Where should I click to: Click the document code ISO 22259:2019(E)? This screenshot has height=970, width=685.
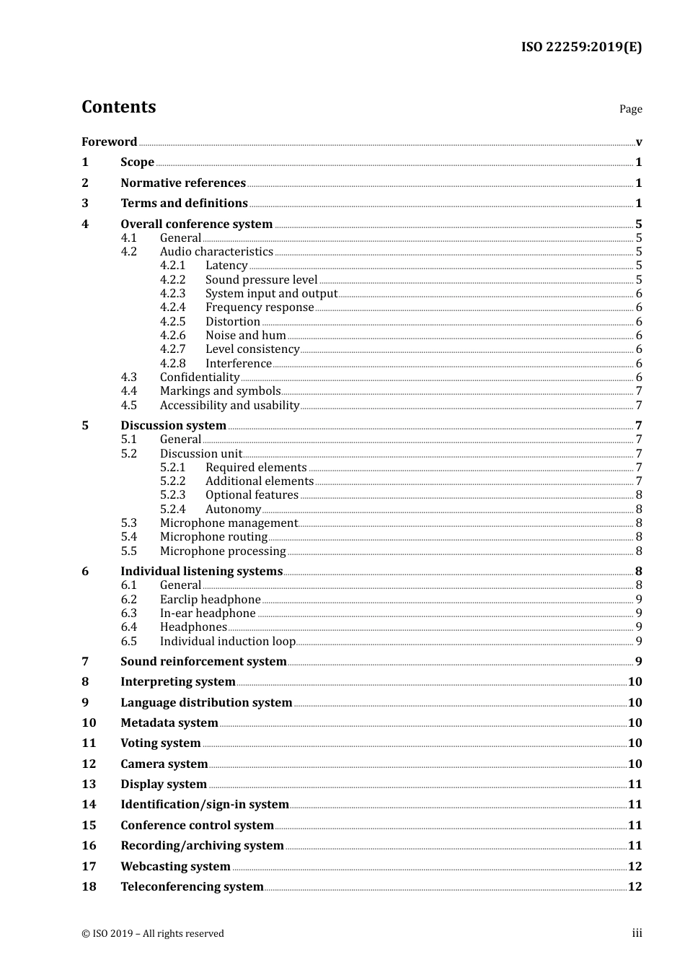pos(581,47)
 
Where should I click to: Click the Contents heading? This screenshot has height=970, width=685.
pos(118,107)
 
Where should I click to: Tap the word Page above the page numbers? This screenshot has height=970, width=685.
pos(630,109)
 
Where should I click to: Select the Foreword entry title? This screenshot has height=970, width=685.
pos(109,141)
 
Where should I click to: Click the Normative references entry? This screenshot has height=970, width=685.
pos(183,183)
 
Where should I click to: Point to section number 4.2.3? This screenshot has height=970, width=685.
pos(172,293)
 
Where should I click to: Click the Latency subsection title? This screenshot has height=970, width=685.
pos(226,265)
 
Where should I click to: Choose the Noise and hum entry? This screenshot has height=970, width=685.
pos(246,335)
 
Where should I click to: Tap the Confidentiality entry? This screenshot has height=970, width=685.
pos(200,377)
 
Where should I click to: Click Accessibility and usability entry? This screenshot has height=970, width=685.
pos(229,405)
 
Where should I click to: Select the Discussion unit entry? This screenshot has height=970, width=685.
pos(201,453)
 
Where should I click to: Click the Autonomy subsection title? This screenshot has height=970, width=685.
pos(233,509)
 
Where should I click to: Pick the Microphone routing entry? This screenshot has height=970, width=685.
pos(213,536)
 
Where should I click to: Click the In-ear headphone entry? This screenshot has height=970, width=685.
pos(208,613)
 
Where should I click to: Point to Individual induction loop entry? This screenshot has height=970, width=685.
pos(228,641)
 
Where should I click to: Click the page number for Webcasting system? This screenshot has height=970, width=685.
pos(635,866)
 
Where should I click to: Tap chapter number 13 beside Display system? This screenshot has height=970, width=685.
pos(89,784)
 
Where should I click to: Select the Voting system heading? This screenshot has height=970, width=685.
pos(161,743)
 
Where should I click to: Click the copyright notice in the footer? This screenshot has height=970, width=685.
pos(153,933)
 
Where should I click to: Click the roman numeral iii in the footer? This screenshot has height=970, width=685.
pos(637,932)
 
